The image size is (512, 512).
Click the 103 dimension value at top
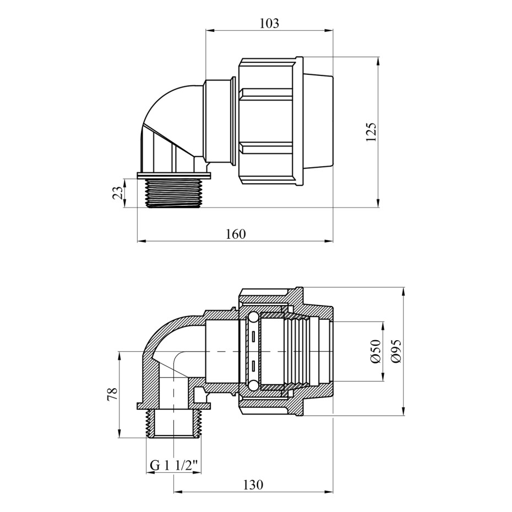tap(269, 23)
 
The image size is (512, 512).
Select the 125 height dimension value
tap(371, 132)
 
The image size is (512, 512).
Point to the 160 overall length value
tap(236, 234)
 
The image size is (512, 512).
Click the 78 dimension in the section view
tap(112, 394)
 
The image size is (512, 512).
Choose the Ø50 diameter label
tap(376, 351)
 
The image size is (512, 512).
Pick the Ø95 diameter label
tap(396, 351)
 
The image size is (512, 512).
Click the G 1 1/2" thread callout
tap(175, 465)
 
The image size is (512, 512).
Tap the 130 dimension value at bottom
tap(253, 484)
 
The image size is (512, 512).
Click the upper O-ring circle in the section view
tap(253, 318)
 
